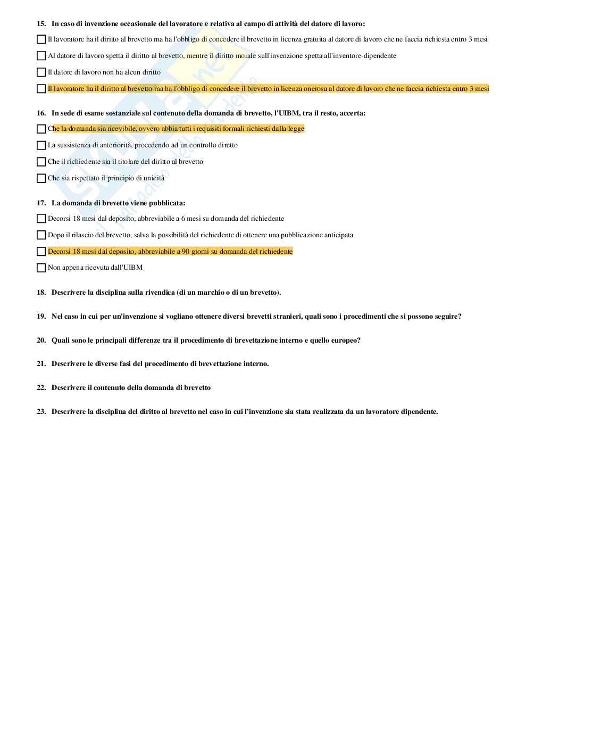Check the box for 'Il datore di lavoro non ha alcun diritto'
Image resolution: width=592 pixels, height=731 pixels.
pos(41,72)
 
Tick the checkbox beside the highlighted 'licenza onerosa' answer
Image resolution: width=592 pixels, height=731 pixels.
pos(41,89)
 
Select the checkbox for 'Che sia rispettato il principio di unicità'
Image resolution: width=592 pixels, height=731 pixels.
pos(41,178)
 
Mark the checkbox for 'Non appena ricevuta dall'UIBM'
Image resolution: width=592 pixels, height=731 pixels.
pos(41,268)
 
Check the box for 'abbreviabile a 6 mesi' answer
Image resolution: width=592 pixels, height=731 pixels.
pos(41,219)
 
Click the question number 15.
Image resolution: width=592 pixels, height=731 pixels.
pos(41,24)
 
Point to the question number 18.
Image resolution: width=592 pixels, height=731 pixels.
pos(41,293)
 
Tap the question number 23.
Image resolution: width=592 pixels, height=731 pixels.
pos(41,412)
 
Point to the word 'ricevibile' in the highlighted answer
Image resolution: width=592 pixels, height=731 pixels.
pos(123,129)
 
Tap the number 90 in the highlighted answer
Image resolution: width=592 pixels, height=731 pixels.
pos(186,252)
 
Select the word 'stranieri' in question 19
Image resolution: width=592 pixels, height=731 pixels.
pos(286,317)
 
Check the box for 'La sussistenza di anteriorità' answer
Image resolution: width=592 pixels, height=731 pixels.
pos(41,145)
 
